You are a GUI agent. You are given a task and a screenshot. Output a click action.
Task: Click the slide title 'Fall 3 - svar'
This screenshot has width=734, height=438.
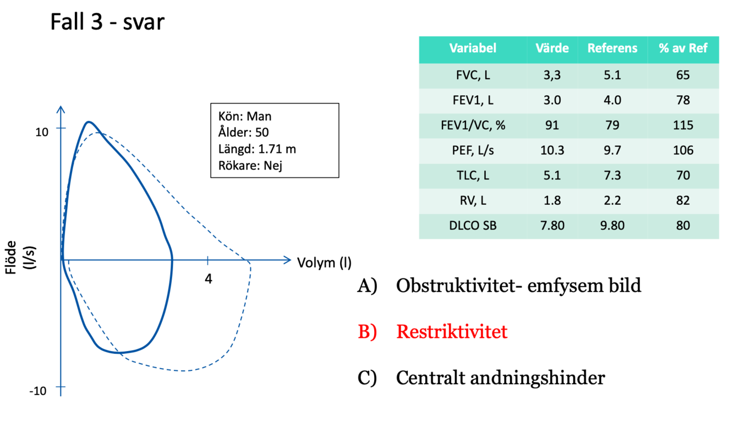tap(107, 23)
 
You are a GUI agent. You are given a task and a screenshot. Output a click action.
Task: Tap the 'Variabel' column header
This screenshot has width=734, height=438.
tap(472, 48)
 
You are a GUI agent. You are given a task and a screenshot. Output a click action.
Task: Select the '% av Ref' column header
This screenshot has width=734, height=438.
tap(682, 48)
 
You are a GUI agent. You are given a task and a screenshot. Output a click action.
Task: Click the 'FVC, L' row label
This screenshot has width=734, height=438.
tap(472, 75)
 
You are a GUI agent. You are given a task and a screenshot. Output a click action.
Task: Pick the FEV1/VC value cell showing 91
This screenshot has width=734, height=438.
tap(551, 125)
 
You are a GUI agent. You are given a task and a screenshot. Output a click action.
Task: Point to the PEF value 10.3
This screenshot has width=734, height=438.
tap(551, 150)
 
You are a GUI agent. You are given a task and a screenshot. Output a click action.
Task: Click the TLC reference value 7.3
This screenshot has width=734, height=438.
tap(612, 176)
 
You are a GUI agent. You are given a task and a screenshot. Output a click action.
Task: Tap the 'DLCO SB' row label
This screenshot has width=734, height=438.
tap(472, 226)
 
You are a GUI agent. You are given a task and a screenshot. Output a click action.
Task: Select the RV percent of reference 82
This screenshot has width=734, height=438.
tap(682, 201)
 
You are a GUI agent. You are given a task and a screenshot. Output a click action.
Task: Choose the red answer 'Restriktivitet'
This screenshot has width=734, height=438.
tap(451, 332)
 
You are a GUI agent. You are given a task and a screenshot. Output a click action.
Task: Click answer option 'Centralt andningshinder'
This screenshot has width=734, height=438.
tap(500, 378)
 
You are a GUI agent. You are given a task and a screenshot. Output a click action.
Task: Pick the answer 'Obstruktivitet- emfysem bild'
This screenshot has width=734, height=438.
tap(518, 286)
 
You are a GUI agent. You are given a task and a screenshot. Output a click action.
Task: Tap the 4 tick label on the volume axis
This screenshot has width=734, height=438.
tap(208, 278)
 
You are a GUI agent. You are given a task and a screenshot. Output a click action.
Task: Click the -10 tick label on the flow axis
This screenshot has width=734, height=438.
tap(37, 391)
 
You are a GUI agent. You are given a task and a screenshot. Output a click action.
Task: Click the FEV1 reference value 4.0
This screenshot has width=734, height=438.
tap(612, 100)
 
